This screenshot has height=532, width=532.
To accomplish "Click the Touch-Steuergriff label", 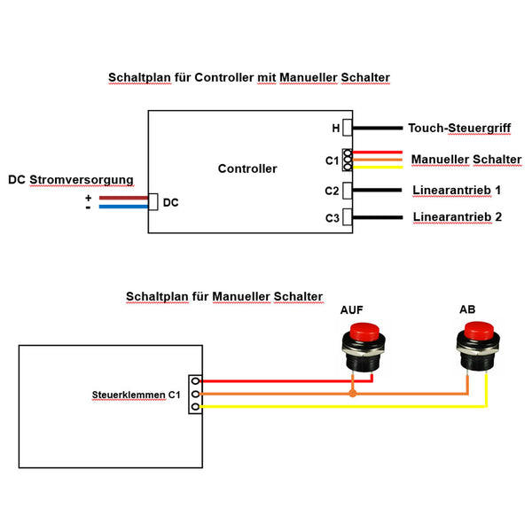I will [459, 129].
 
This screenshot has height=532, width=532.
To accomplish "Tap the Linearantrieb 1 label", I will [457, 191].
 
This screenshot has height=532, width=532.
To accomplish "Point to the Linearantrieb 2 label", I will [458, 217].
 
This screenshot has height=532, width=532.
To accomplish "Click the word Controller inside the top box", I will [247, 168].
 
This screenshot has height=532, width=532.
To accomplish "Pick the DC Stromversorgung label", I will [71, 180].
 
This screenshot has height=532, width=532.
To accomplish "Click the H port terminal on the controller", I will [348, 129].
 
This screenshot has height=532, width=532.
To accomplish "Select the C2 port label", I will [332, 191].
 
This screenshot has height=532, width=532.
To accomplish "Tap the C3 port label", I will [332, 217].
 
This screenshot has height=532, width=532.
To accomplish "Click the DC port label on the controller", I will [171, 203].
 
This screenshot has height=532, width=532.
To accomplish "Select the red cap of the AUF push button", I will [362, 332].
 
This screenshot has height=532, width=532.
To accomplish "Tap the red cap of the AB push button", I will [477, 332].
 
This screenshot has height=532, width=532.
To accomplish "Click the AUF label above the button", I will [352, 310].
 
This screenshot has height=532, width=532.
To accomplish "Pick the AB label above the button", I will [468, 309].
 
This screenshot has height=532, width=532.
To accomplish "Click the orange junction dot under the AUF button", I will [353, 393].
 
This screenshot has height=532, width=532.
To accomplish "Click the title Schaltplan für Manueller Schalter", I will [224, 296].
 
